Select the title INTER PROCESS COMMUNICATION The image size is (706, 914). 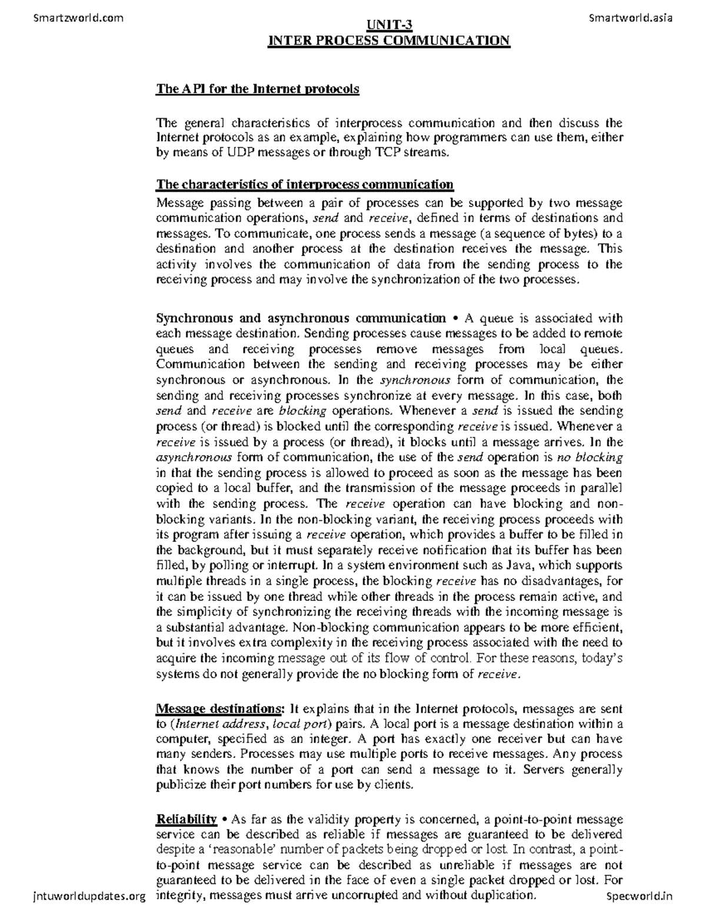click(x=389, y=41)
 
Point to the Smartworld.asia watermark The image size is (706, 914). click(x=630, y=18)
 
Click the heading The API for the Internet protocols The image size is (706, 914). click(x=257, y=89)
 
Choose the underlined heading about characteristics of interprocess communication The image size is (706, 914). click(x=305, y=185)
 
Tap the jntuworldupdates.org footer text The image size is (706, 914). click(x=86, y=896)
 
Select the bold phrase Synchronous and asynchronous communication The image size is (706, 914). click(x=301, y=318)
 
